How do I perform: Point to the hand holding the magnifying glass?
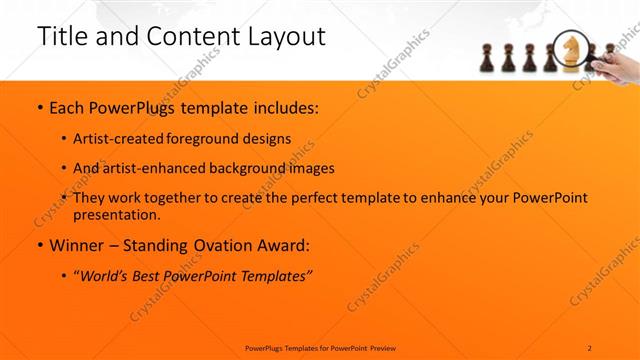620,66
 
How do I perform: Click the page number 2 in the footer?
590,347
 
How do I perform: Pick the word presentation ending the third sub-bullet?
117,214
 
